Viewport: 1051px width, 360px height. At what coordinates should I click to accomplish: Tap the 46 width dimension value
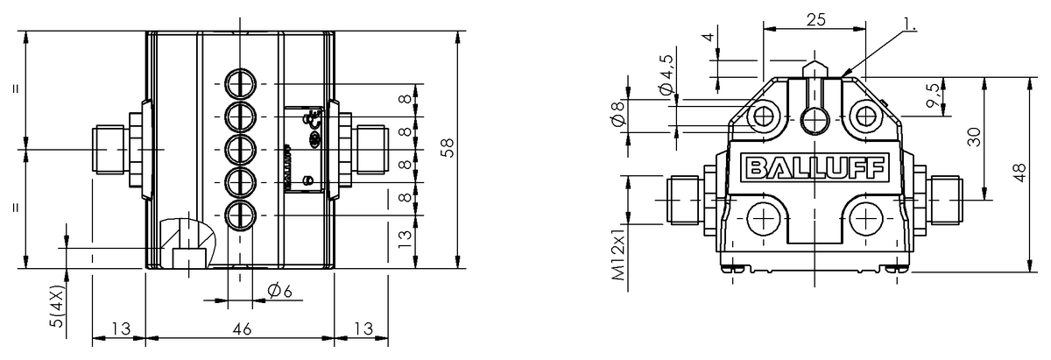click(242, 329)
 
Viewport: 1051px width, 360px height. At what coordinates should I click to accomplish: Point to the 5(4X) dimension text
click(57, 307)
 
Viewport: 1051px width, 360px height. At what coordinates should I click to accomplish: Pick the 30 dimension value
click(973, 136)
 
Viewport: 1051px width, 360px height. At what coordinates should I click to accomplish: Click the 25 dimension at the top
click(815, 18)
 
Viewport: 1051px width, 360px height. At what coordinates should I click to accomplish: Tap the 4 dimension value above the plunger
click(706, 39)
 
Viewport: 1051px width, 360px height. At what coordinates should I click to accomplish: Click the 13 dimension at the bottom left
click(120, 329)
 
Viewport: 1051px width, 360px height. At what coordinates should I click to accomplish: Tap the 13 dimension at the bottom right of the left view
click(362, 329)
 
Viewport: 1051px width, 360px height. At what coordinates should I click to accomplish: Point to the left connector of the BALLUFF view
click(685, 199)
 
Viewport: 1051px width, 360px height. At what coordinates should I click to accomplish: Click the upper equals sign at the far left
click(18, 89)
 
